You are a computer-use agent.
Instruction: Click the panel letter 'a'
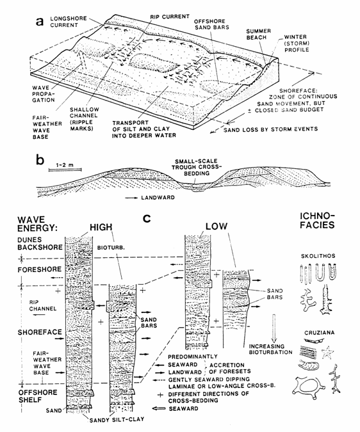pos(40,21)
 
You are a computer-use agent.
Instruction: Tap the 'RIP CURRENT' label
pos(170,17)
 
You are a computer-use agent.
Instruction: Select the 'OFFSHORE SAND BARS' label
pos(211,24)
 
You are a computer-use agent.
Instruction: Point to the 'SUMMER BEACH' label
pos(259,34)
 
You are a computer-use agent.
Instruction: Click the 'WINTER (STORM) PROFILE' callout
pos(295,44)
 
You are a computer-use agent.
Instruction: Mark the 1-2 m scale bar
pos(65,170)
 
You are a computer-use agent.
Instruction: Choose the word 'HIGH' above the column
pos(101,227)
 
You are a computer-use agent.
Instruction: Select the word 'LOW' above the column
pos(217,227)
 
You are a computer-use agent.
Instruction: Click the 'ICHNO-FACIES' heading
pos(317,221)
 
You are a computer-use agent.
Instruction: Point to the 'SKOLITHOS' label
pos(318,256)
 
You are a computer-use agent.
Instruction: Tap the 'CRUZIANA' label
pos(319,333)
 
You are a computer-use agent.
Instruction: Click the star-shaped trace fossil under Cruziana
pos(328,352)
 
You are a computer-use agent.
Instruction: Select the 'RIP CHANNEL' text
pos(43,305)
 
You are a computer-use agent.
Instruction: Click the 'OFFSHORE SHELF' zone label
pos(38,396)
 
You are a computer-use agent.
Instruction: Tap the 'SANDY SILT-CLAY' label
pos(117,419)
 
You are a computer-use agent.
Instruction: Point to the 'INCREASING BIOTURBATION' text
pos(271,349)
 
